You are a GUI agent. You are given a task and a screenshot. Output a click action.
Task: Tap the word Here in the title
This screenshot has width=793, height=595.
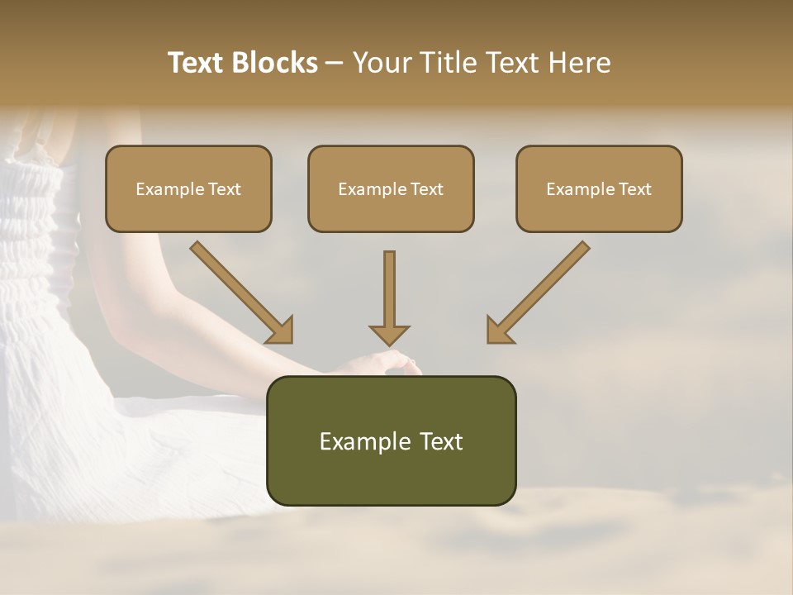pos(578,63)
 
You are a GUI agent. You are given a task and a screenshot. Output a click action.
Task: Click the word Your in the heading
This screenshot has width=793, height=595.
pos(378,63)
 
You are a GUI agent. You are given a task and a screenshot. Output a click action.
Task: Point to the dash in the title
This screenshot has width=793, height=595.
pos(335,64)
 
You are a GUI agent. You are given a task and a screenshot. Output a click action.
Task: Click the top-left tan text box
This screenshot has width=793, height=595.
pos(188,188)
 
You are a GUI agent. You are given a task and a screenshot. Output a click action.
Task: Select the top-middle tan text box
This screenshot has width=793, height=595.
pos(391,188)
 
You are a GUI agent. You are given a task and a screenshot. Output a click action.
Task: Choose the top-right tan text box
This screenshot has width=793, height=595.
pos(599,188)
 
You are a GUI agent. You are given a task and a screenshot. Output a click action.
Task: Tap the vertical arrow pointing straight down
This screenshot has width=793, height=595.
pos(389,297)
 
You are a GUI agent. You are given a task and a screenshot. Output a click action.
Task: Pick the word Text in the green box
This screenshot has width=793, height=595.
pos(443,441)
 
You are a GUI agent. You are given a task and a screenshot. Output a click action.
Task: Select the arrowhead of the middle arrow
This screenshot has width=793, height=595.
pos(389,334)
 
